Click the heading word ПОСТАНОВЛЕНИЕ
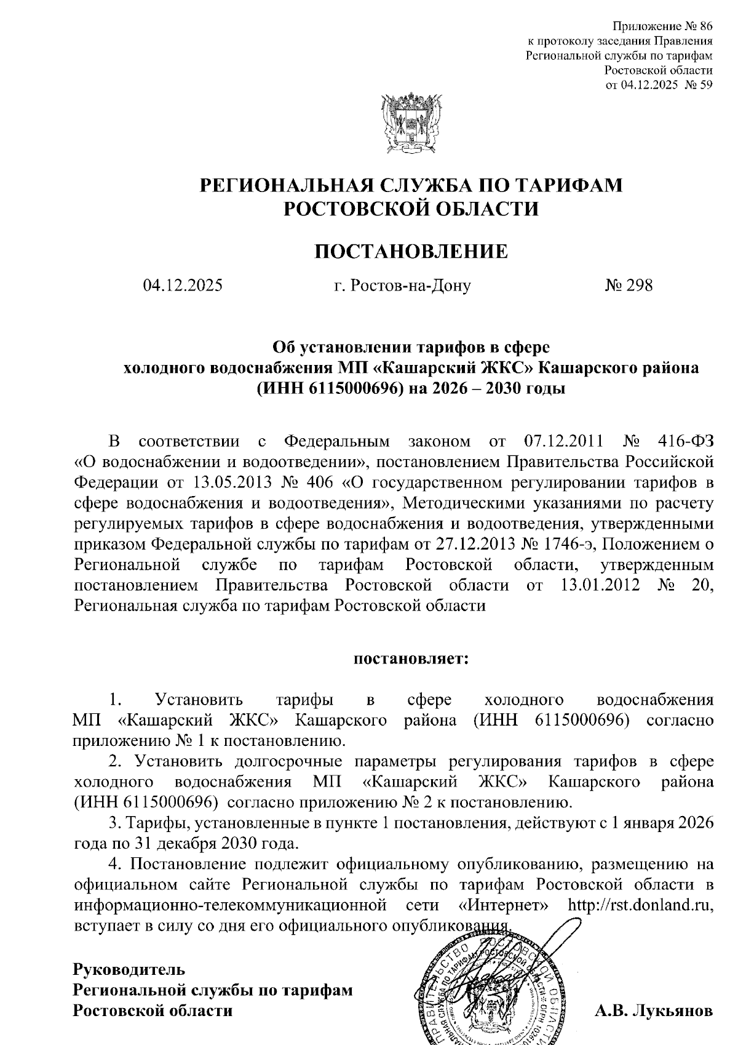[411, 252]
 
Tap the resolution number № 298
[629, 286]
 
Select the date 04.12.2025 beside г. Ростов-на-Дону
[183, 286]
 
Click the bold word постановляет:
[411, 659]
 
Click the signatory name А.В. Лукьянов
[653, 1011]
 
